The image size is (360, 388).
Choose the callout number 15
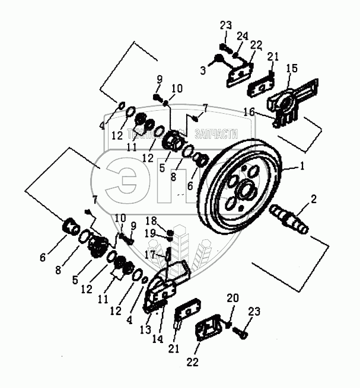click(292, 69)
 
